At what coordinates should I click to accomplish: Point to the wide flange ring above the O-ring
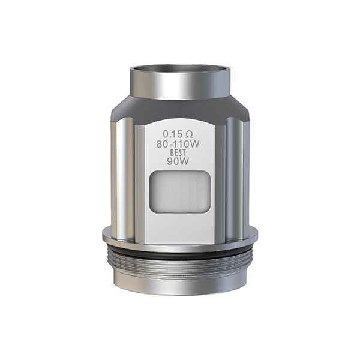click(180, 235)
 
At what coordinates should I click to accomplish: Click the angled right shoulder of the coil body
click(235, 111)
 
